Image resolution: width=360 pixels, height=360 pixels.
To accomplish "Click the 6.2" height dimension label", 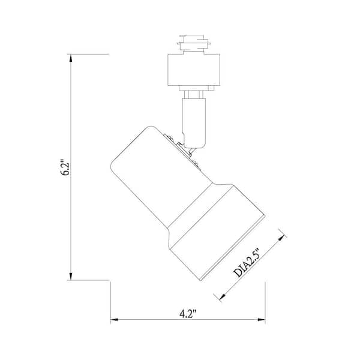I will point(67,166).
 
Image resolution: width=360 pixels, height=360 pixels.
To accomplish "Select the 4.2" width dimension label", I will point(188,313).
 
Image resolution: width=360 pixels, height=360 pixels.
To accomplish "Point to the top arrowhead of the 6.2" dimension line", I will point(71,58).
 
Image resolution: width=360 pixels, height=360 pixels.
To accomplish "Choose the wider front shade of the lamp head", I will point(216,231).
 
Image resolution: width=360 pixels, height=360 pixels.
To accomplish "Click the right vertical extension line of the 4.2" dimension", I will point(265,300).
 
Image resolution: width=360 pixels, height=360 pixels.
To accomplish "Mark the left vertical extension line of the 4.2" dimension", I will point(111,300).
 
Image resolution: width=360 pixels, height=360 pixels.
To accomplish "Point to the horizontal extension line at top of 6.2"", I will point(90,54).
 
